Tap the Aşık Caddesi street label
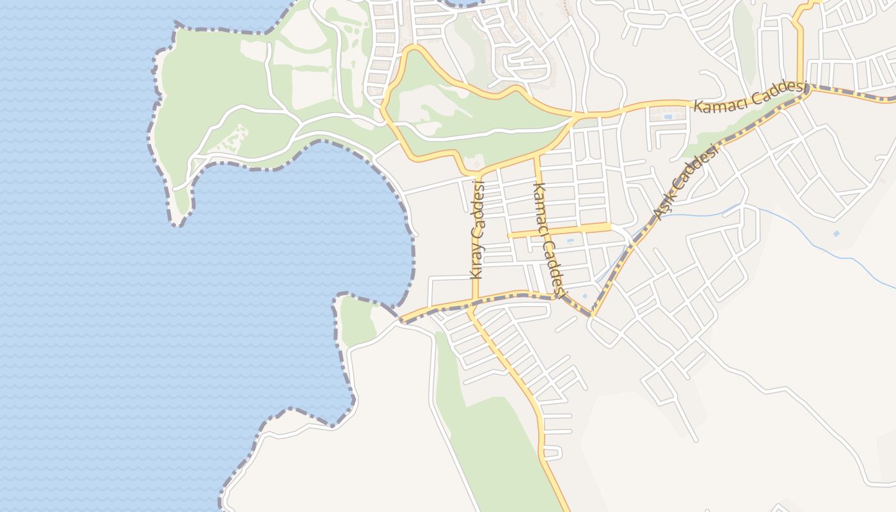[x=685, y=182]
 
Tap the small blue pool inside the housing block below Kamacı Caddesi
[x=668, y=117]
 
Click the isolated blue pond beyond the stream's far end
[x=836, y=234]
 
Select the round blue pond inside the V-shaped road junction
[x=584, y=296]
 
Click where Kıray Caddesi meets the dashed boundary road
[x=475, y=300]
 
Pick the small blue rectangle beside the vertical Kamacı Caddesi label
[x=569, y=241]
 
